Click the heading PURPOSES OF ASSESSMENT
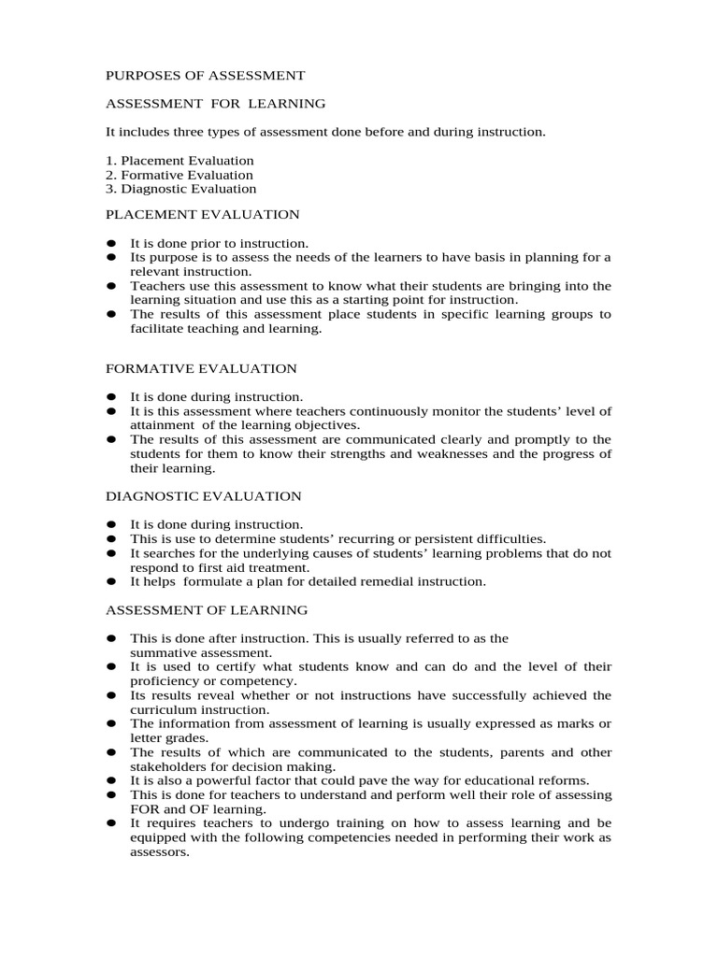[205, 74]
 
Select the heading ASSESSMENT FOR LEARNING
[215, 103]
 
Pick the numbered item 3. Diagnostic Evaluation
[180, 189]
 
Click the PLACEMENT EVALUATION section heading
[202, 215]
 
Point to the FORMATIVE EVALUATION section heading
[201, 369]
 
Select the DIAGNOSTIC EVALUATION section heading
[203, 496]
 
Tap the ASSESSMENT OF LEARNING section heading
[206, 610]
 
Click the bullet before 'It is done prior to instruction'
[110, 243]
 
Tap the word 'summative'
[162, 652]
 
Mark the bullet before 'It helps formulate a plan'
[110, 581]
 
